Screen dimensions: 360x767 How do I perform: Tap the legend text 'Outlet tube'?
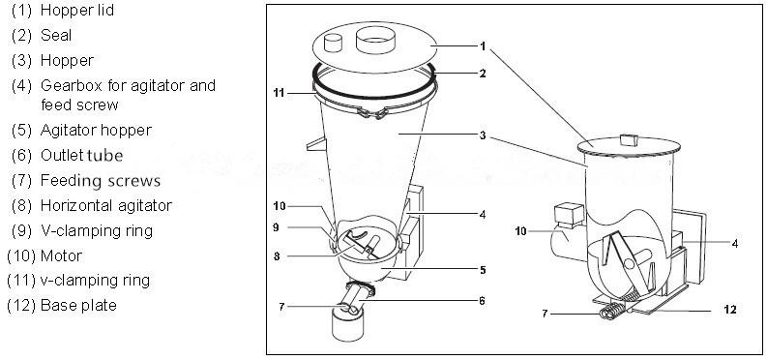coord(82,155)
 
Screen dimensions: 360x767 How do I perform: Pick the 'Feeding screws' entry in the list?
coord(101,180)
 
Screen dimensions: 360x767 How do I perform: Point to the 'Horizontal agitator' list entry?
coord(105,205)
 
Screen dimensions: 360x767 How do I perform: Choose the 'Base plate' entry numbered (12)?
coord(78,306)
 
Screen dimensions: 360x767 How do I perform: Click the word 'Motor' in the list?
coord(61,255)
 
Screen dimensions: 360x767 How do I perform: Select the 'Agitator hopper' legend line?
coord(96,130)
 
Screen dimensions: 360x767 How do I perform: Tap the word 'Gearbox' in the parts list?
coord(70,85)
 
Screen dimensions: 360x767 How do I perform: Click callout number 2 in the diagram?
coord(482,74)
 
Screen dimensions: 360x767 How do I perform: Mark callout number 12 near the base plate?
coord(729,310)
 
